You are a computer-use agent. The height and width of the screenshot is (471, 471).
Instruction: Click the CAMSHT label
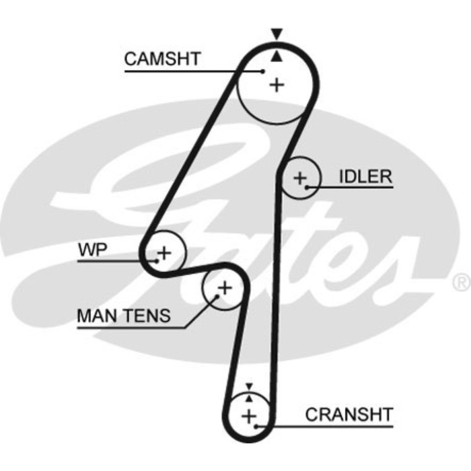tap(162, 59)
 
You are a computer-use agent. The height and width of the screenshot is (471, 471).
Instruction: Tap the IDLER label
tap(365, 176)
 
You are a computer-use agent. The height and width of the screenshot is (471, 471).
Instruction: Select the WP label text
tap(92, 250)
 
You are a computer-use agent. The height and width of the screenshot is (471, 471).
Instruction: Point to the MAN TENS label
tap(124, 315)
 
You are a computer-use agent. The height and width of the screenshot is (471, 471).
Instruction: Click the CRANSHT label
tap(349, 414)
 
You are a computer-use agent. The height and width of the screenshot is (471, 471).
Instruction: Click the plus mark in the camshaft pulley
tap(277, 85)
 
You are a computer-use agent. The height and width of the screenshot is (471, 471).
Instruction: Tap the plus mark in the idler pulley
tap(299, 178)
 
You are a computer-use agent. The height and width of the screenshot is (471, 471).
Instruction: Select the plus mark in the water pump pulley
tap(164, 253)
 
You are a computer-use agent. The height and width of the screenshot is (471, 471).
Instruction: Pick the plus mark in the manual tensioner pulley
tap(225, 289)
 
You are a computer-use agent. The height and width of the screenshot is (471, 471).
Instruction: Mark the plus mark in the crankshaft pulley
tap(250, 415)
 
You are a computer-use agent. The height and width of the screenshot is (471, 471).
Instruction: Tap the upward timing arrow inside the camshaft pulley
tap(275, 58)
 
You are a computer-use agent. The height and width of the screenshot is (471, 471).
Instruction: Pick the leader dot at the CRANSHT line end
tap(257, 425)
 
